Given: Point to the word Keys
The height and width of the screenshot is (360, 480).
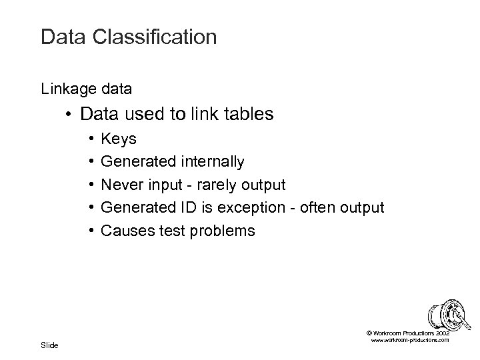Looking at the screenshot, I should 118,139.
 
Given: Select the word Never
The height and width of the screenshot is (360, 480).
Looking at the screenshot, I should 120,185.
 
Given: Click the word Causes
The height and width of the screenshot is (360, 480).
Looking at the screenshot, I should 123,231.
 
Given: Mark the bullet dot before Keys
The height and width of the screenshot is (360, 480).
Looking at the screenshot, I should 89,139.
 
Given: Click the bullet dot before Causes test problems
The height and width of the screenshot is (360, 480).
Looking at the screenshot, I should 89,231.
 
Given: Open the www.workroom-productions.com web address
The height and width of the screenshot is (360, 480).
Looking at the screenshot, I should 409,340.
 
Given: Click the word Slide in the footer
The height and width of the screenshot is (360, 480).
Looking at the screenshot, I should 50,345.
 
